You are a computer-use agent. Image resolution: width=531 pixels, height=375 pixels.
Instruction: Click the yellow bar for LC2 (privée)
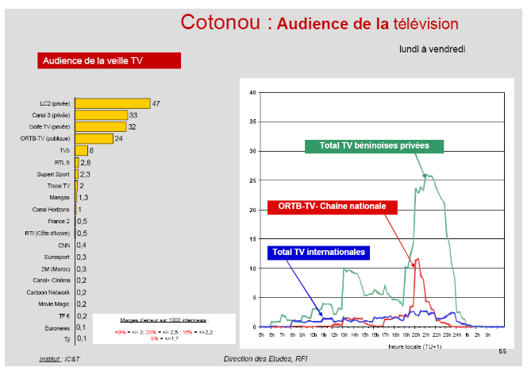coord(112,103)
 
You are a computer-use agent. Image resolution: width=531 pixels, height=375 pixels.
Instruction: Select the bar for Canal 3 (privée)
coord(101,115)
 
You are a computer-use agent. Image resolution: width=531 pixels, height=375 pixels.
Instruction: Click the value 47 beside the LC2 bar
coord(156,103)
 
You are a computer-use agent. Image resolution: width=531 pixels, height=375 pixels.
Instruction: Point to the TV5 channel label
coord(64,150)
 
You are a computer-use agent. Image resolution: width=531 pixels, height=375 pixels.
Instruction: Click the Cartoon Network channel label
coord(52,292)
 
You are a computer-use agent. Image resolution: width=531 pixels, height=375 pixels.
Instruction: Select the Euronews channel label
coord(57,327)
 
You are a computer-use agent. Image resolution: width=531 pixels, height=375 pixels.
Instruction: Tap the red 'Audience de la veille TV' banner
coord(110,60)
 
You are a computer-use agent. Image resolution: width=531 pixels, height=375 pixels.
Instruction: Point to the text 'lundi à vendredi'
coord(432,49)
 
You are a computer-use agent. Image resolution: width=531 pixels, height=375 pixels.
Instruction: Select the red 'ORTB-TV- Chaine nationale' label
coord(333,207)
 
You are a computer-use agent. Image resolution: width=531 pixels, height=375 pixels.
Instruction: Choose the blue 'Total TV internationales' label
coord(318,252)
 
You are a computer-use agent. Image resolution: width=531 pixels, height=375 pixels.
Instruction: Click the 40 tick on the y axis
coord(253,93)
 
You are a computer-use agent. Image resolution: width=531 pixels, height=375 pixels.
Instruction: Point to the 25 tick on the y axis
coord(253,180)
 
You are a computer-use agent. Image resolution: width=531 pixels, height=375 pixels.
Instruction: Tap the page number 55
coord(501,351)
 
